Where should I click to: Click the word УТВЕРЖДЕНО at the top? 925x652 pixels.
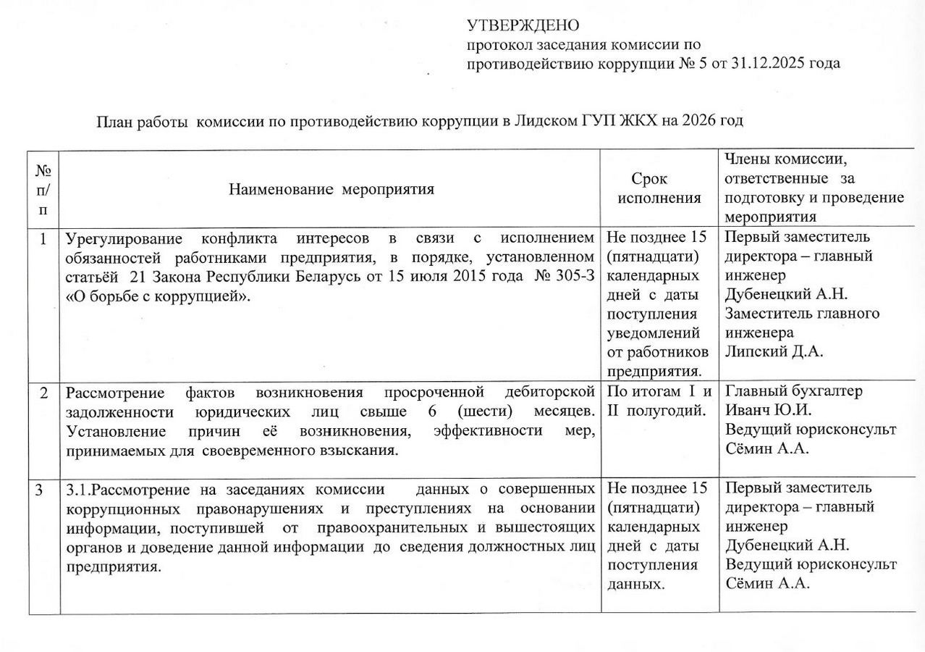523,26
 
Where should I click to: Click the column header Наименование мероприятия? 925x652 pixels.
331,190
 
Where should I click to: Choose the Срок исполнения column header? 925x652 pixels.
659,188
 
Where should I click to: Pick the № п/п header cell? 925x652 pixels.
44,190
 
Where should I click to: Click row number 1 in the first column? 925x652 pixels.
44,238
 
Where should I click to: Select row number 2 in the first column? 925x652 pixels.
44,393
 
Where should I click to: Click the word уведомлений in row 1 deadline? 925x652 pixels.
654,333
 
